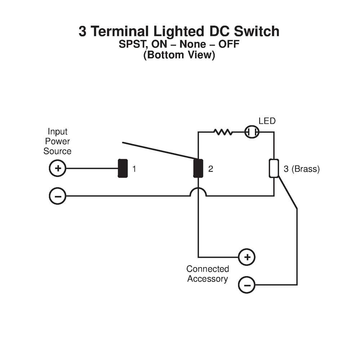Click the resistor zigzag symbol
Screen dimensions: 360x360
(223, 132)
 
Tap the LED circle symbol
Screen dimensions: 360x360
(252, 132)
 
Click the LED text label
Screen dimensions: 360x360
(267, 121)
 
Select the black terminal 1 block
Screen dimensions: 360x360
(123, 168)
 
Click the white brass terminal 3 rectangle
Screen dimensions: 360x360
(274, 168)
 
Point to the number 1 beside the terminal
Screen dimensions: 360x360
(134, 168)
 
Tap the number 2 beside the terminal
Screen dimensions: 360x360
(211, 168)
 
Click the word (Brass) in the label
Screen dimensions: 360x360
(305, 169)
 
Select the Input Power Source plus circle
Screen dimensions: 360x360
(57, 168)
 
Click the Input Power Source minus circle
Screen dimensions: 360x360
(57, 196)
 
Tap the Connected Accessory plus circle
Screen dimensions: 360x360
(247, 257)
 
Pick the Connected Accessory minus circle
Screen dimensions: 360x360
(247, 285)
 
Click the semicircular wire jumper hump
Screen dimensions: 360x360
(198, 192)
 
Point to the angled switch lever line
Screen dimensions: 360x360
(158, 150)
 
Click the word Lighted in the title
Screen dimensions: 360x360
(179, 31)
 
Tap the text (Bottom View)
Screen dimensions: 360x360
(179, 55)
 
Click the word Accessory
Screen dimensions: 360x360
(207, 279)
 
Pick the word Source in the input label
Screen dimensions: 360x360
(58, 151)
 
